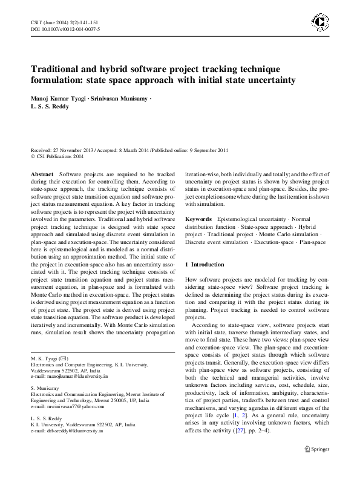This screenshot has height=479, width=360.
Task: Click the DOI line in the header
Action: [65, 29]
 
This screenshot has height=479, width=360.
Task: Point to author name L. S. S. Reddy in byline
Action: [51, 107]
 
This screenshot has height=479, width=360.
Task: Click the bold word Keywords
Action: [198, 218]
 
